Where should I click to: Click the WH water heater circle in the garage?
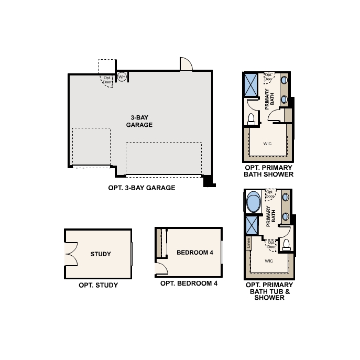click(x=122, y=77)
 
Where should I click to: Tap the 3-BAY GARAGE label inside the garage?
click(x=139, y=121)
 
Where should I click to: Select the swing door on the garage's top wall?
click(x=186, y=64)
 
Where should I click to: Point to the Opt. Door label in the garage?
click(x=108, y=80)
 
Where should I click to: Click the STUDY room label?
click(x=101, y=254)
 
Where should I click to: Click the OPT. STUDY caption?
click(x=98, y=286)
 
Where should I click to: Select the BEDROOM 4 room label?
click(x=195, y=253)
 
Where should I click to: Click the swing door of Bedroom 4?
click(x=161, y=269)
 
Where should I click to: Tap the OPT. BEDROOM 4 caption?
click(x=189, y=283)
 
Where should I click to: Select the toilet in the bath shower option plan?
click(x=250, y=117)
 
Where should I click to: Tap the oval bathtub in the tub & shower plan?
click(x=253, y=202)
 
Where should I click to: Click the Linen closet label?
click(x=248, y=243)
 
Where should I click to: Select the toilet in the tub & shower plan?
click(x=286, y=244)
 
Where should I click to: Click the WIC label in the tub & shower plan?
click(x=269, y=260)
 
